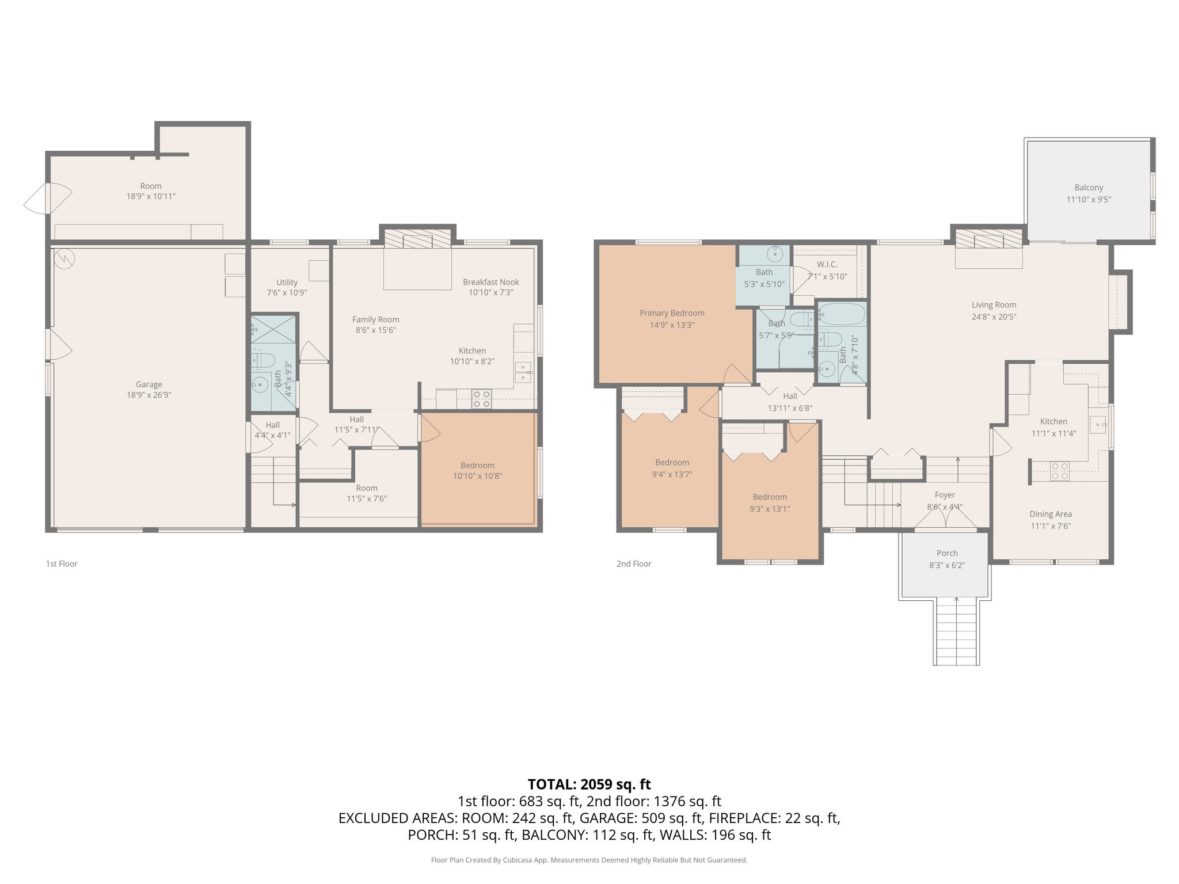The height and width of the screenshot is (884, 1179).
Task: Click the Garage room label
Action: click(x=149, y=384)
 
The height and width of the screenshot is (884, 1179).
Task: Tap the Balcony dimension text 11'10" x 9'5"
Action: click(x=1088, y=200)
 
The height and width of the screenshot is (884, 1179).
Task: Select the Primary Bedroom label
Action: click(x=672, y=313)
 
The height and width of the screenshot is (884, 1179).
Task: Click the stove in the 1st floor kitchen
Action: click(x=481, y=399)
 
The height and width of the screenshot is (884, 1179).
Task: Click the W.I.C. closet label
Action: click(x=827, y=265)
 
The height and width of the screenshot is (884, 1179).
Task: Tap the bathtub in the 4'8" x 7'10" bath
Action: click(x=842, y=315)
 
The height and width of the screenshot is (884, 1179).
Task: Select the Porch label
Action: click(x=947, y=553)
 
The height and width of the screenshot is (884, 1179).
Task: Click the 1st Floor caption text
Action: click(x=62, y=564)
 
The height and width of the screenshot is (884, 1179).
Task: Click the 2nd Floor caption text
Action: click(x=634, y=564)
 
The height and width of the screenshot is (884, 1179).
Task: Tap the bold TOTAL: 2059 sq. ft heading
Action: click(x=589, y=784)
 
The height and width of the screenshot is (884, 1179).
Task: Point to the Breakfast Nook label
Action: click(x=490, y=282)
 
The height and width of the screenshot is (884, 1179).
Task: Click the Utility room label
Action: click(x=287, y=283)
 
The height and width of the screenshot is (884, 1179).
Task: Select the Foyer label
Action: click(x=945, y=495)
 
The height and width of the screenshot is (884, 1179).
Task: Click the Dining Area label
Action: click(x=1050, y=514)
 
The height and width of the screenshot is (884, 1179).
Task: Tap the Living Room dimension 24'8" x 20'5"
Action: click(x=994, y=317)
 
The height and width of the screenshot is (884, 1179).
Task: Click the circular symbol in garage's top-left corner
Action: click(x=64, y=258)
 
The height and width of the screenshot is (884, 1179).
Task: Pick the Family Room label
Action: click(x=375, y=319)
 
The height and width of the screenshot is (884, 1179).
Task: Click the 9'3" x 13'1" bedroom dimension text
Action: click(x=770, y=509)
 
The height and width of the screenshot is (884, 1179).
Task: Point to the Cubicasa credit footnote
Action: click(x=589, y=860)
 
